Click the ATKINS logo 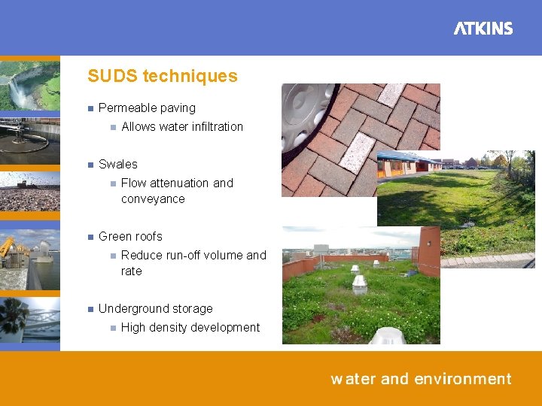click(483, 29)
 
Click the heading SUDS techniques click(162, 76)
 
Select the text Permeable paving click(147, 108)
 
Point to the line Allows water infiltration click(181, 127)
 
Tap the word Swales click(118, 164)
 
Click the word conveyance click(153, 199)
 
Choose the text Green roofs click(130, 236)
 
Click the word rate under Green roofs click(132, 271)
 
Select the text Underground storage click(155, 308)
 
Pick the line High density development click(190, 327)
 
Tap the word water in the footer click(352, 379)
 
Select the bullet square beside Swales click(89, 165)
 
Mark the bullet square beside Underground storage click(89, 309)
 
